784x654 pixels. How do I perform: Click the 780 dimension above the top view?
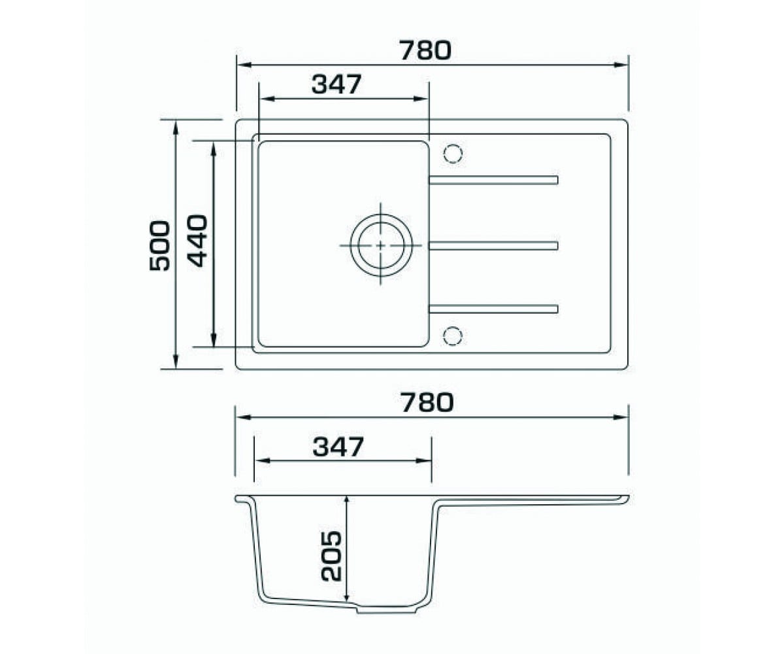coord(425,51)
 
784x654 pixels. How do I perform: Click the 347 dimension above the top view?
coord(336,84)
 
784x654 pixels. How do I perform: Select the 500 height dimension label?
coord(159,246)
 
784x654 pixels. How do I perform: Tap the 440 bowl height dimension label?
coord(197,241)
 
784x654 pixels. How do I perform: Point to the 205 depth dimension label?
coord(331,556)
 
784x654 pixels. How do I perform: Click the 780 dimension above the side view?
coord(427,402)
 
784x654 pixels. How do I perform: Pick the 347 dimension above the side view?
coord(338,447)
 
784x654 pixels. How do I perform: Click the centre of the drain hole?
coord(381,245)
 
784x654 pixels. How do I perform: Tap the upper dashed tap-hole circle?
coord(453,154)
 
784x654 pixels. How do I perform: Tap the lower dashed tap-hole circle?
coord(453,336)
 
